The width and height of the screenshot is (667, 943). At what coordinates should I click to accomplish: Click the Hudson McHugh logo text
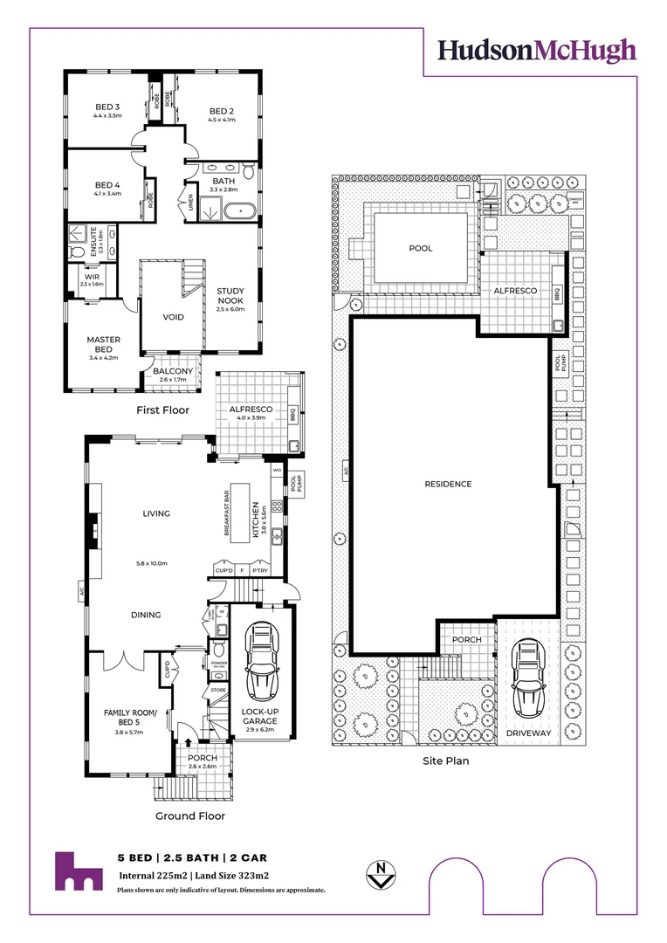(x=537, y=51)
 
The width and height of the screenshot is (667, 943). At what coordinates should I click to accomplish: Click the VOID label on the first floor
(x=174, y=317)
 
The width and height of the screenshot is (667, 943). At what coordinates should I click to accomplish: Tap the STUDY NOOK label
(x=231, y=295)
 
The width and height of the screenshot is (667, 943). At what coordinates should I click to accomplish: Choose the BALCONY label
(x=173, y=371)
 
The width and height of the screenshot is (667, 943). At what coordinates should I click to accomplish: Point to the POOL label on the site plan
(x=421, y=249)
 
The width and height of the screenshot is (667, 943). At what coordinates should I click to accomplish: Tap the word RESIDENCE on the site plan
(x=448, y=484)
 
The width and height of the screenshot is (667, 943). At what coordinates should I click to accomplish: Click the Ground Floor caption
(x=189, y=816)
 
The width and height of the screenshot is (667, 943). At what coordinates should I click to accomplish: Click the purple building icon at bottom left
(x=79, y=871)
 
